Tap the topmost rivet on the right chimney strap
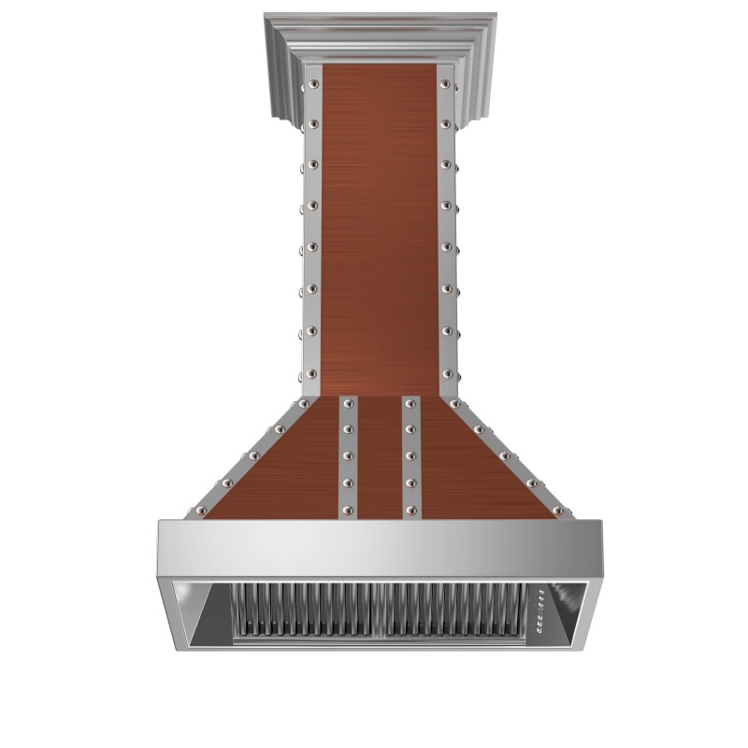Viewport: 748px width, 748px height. click(x=447, y=85)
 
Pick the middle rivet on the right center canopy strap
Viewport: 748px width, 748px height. click(x=410, y=456)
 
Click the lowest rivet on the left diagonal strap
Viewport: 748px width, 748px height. click(x=198, y=511)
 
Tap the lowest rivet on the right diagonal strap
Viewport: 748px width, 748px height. click(x=558, y=511)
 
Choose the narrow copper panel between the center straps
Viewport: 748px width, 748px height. click(x=379, y=458)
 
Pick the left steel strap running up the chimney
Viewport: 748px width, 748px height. click(x=310, y=234)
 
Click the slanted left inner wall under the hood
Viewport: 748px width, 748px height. click(x=201, y=617)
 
